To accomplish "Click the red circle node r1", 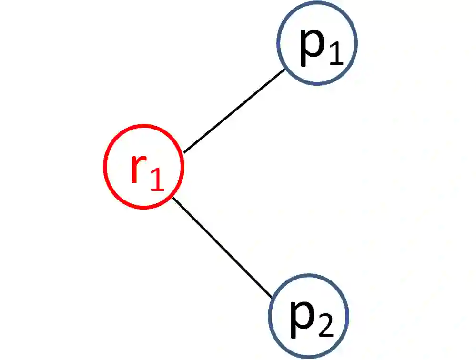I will tap(143, 167).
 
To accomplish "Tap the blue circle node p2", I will tap(308, 315).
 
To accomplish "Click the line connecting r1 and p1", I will tap(234, 111).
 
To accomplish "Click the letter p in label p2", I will tap(302, 318).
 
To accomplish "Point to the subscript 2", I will tap(325, 326).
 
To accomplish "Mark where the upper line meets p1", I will tap(285, 70).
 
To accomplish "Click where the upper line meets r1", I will tap(184, 152).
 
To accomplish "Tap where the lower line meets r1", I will tap(172, 197).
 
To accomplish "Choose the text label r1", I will tap(147, 171).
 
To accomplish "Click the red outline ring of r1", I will tap(105, 167).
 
